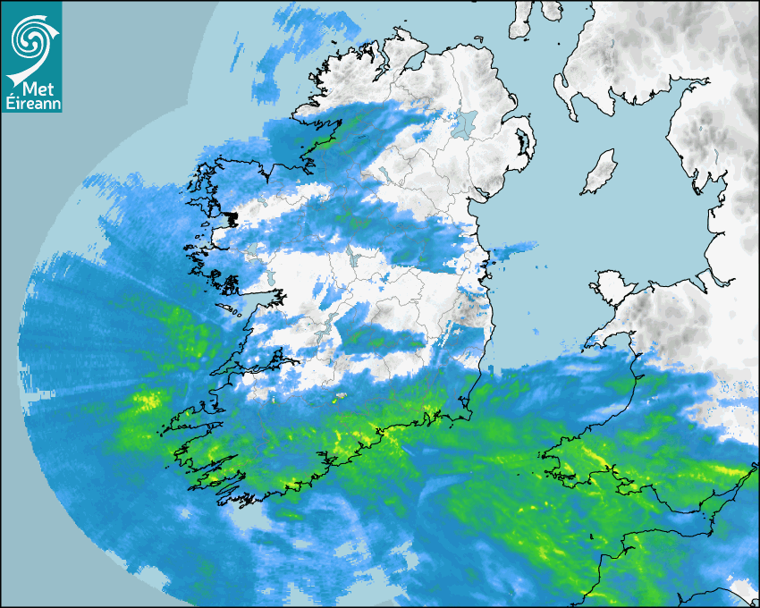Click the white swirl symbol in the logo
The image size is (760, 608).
pos(31,40)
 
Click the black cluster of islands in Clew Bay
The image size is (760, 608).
pos(231,217)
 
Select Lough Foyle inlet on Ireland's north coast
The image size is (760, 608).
pos(413,61)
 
